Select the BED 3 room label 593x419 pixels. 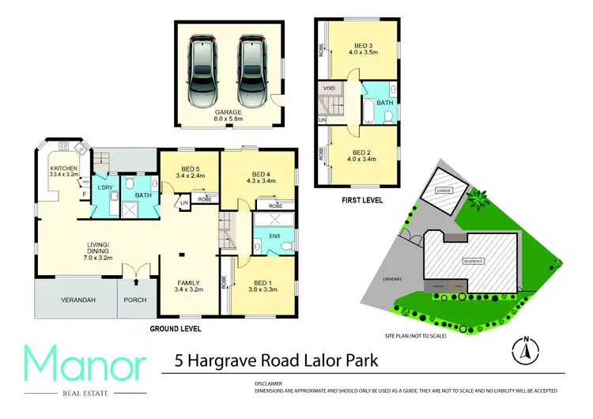(x=362, y=49)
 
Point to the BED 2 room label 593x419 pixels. (x=361, y=156)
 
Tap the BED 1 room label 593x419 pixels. (x=263, y=287)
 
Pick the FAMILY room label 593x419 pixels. (x=187, y=286)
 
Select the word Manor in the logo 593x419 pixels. (x=85, y=366)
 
